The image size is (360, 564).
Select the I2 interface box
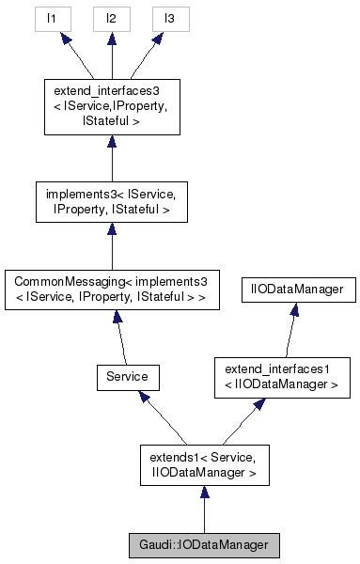click(111, 18)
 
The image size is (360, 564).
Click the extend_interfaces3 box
click(111, 106)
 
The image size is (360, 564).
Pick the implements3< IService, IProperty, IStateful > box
click(111, 202)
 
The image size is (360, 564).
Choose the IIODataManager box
click(298, 290)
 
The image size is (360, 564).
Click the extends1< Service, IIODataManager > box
click(204, 465)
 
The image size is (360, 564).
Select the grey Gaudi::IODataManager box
click(204, 545)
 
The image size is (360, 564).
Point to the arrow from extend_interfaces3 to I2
click(111, 58)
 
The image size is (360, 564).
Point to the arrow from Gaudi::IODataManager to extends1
click(204, 512)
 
